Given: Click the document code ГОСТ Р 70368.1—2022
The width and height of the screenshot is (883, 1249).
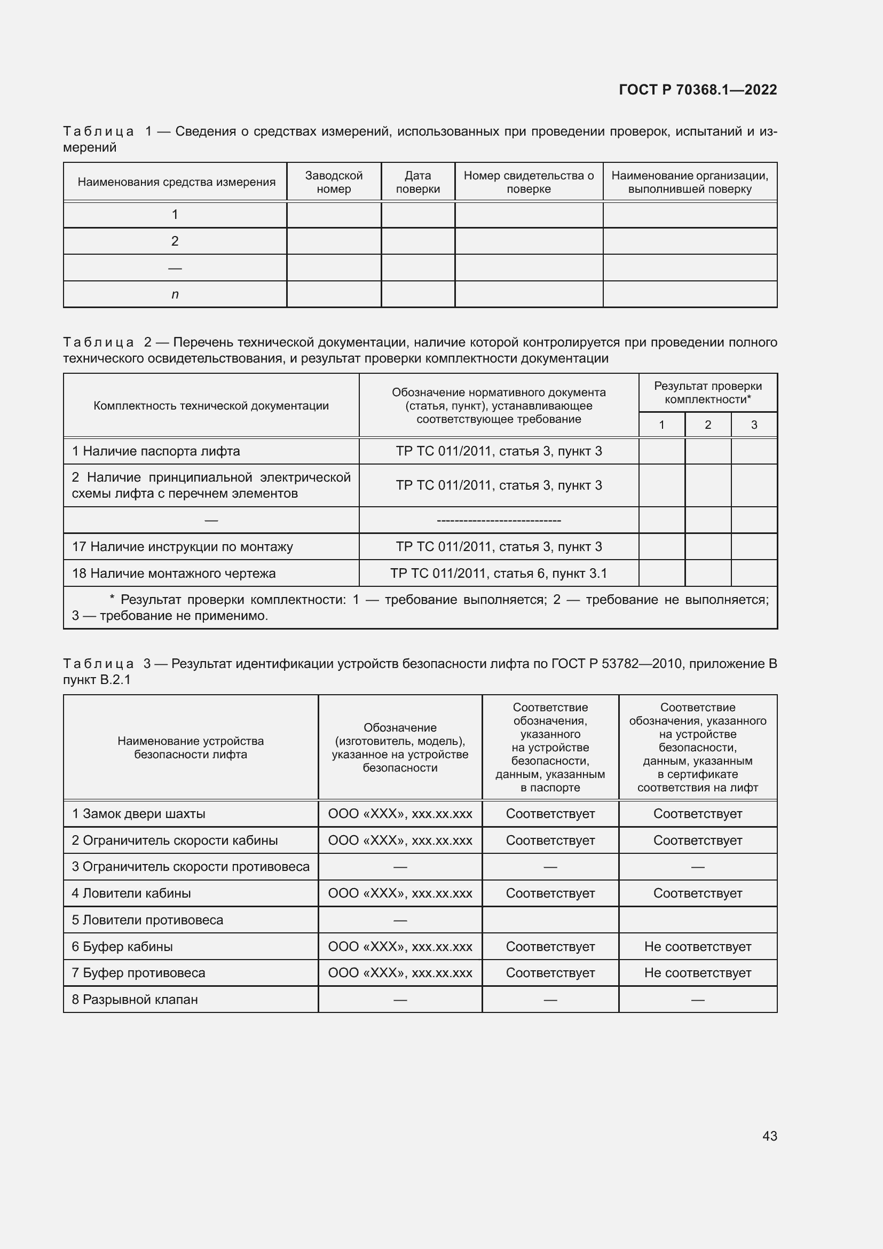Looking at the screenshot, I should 698,90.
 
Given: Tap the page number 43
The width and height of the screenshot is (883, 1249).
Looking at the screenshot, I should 769,1136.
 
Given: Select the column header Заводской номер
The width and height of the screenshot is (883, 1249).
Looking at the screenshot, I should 333,182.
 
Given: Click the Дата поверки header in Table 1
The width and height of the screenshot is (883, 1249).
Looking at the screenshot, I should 417,182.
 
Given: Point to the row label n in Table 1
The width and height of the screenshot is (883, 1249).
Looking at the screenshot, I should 175,294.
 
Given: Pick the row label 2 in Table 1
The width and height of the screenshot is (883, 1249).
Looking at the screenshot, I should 175,241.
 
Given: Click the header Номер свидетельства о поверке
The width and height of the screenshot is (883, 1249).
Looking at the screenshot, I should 529,182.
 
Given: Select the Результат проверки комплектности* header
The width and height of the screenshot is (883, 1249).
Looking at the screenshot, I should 707,392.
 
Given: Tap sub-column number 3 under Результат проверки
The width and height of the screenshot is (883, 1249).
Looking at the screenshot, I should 754,425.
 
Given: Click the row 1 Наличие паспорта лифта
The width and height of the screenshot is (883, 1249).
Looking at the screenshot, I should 156,451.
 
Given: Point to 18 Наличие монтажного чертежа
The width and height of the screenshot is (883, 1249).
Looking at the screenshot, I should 174,574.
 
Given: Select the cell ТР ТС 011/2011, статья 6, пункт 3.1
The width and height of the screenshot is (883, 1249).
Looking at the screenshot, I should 499,574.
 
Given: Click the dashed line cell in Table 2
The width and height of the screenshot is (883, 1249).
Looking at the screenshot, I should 499,521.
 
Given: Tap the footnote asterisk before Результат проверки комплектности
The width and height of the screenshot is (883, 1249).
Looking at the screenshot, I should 112,599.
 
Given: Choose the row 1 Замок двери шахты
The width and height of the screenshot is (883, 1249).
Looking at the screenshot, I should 139,814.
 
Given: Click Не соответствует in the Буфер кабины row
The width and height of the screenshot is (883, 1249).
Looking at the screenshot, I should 698,947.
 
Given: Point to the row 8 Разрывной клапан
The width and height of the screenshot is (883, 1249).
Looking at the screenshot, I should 135,1000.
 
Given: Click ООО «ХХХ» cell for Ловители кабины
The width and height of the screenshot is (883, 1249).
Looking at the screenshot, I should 400,893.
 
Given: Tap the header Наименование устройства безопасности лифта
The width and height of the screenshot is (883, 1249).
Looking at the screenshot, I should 190,748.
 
